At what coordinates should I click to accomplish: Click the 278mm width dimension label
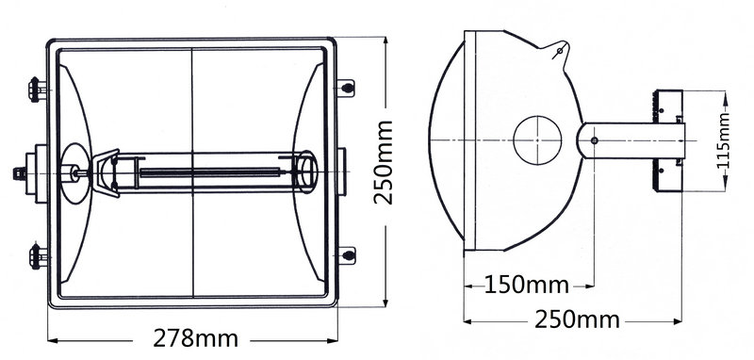tap(195, 338)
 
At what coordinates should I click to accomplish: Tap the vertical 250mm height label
tap(384, 162)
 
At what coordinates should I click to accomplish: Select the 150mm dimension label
tap(526, 285)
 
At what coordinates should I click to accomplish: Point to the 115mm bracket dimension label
tap(722, 140)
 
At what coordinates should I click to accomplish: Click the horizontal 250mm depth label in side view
tap(577, 320)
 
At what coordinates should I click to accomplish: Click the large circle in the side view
tap(537, 140)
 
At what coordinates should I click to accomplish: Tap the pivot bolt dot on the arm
tap(595, 140)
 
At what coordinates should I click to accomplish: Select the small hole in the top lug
tap(559, 51)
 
